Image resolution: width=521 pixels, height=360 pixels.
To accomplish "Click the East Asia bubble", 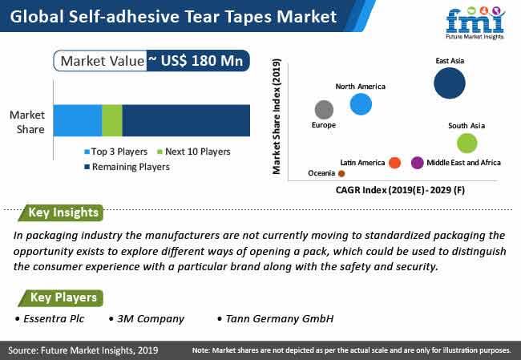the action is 450,83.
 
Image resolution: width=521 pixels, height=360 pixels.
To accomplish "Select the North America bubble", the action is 361,104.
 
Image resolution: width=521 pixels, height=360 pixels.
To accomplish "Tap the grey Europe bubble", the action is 324,110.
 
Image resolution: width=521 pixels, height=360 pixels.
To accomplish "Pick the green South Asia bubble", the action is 467,144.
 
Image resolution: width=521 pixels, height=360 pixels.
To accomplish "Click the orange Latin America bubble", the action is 394,163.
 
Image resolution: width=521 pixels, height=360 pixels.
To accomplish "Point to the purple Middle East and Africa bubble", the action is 418,163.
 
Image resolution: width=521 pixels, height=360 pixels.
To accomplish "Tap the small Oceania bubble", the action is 341,173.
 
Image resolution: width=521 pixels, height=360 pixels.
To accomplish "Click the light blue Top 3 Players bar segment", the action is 78,120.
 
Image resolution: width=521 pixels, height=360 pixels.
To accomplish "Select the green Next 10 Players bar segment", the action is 112,120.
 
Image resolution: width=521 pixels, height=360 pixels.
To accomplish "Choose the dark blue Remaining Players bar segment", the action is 186,120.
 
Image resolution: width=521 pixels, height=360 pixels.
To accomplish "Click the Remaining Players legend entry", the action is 127,167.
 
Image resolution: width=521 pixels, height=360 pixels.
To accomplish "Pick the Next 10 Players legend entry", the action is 194,152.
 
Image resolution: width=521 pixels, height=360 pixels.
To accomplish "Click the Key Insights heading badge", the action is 61,212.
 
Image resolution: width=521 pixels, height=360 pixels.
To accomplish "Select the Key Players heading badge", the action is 61,297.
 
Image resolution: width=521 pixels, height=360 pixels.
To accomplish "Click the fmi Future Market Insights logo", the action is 475,22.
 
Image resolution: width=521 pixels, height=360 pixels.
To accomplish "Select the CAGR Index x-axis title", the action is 400,190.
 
